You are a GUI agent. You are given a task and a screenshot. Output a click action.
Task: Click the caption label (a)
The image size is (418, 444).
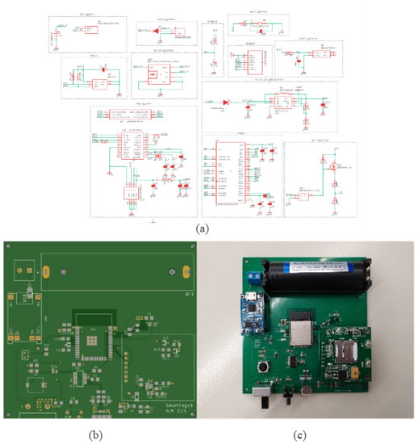(203, 228)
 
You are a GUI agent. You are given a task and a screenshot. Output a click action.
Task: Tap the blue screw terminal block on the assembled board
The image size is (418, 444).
(255, 278)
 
